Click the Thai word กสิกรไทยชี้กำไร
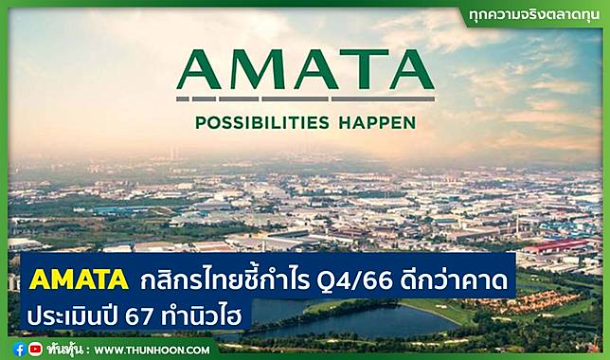[x=226, y=280]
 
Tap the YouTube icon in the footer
[x=36, y=349]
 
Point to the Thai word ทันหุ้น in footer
[x=67, y=349]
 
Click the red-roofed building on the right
[x=559, y=247]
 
